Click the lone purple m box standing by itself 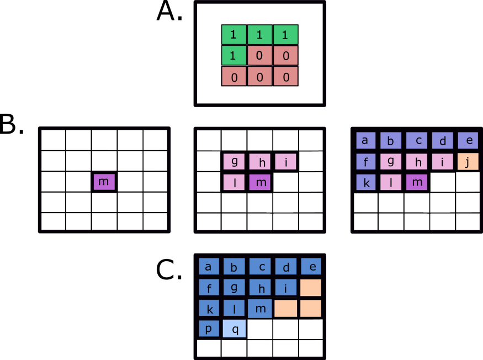pyautogui.click(x=104, y=182)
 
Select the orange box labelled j pyautogui.click(x=468, y=162)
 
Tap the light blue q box pyautogui.click(x=234, y=329)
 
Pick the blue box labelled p pyautogui.click(x=209, y=329)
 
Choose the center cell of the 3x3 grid pyautogui.click(x=259, y=56)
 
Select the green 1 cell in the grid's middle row pyautogui.click(x=233, y=56)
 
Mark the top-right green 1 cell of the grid pyautogui.click(x=285, y=35)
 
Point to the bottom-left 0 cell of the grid pyautogui.click(x=233, y=77)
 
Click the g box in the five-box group pyautogui.click(x=234, y=161)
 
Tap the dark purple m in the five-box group pyautogui.click(x=260, y=182)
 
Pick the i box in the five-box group pyautogui.click(x=285, y=161)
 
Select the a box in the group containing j pyautogui.click(x=365, y=140)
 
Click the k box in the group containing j pyautogui.click(x=365, y=182)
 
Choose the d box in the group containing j pyautogui.click(x=442, y=141)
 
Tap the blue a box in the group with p pyautogui.click(x=209, y=267)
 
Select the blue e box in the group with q pyautogui.click(x=311, y=266)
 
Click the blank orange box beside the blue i pyautogui.click(x=311, y=288)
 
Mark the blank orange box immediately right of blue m pyautogui.click(x=286, y=308)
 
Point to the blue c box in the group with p pyautogui.click(x=260, y=267)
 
